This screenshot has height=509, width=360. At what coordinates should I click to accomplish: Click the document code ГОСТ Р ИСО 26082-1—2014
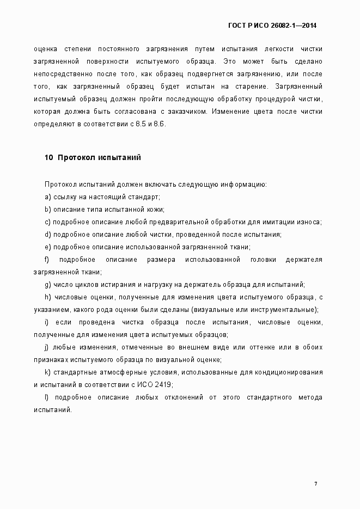pos(272,26)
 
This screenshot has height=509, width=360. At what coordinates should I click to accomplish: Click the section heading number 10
pos(48,157)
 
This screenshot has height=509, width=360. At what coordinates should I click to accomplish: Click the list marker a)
pos(48,197)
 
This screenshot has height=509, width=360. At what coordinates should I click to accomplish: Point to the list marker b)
pos(48,209)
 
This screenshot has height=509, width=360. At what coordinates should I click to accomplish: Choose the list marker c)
pos(48,222)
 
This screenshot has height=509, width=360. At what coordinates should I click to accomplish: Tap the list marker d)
pos(48,234)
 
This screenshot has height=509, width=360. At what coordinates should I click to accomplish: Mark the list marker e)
pos(48,247)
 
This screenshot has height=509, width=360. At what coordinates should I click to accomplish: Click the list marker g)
pos(48,284)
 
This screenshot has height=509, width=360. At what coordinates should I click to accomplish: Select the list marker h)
pos(48,297)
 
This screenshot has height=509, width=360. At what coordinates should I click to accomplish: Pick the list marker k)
pos(48,372)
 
